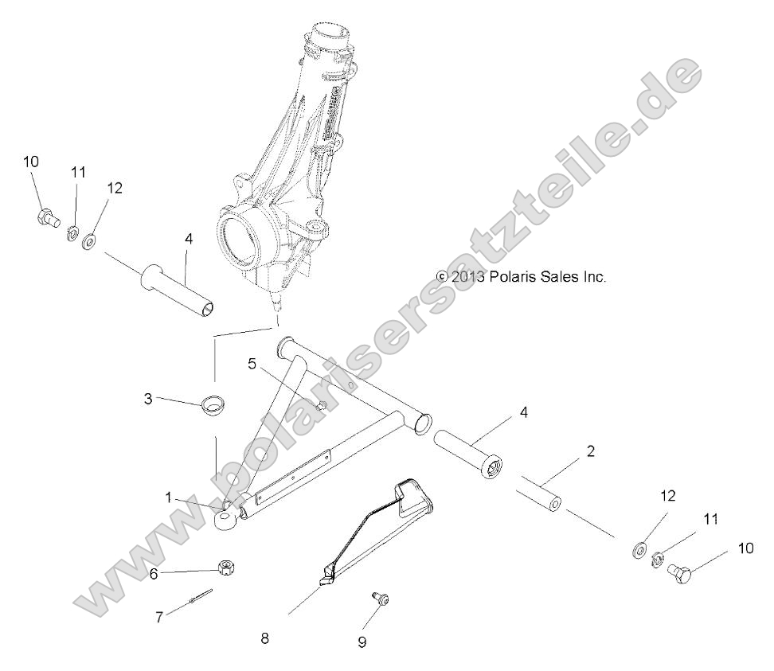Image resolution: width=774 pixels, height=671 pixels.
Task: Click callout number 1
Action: point(169,497)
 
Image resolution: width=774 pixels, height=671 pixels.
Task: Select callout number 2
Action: point(590,451)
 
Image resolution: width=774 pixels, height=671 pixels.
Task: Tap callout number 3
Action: point(148,399)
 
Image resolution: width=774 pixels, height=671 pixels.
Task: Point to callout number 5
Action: point(252,343)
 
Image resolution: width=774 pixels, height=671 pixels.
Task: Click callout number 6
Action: point(155,572)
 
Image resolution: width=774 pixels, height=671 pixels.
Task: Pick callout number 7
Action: point(160,618)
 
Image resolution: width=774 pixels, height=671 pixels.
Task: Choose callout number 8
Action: point(264,638)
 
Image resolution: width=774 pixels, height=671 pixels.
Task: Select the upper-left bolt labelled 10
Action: point(47,217)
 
